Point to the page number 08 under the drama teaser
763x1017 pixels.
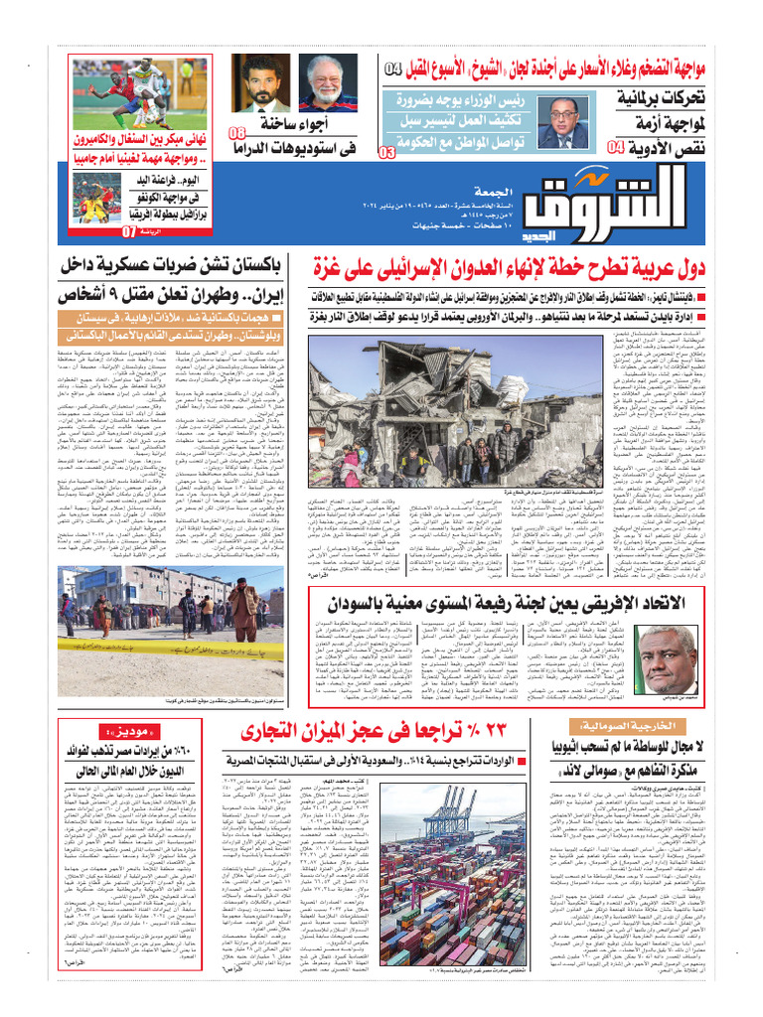[x=238, y=134]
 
